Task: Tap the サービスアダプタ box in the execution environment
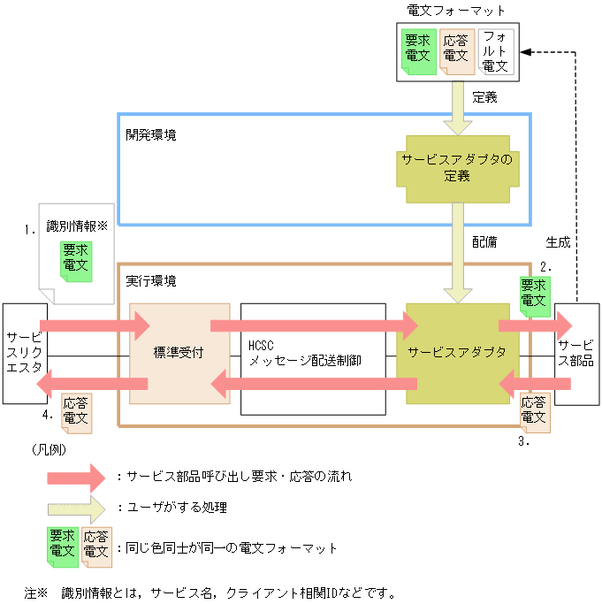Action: (x=457, y=353)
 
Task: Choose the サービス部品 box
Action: (x=577, y=353)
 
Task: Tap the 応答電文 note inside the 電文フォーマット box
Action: (x=455, y=50)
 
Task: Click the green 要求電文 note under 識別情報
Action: (x=76, y=259)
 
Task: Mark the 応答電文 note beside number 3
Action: (x=534, y=410)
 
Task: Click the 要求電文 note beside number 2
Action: (x=534, y=293)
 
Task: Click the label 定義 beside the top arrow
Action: (x=484, y=97)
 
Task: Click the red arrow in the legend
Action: (x=76, y=477)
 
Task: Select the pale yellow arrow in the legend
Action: (x=76, y=508)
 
